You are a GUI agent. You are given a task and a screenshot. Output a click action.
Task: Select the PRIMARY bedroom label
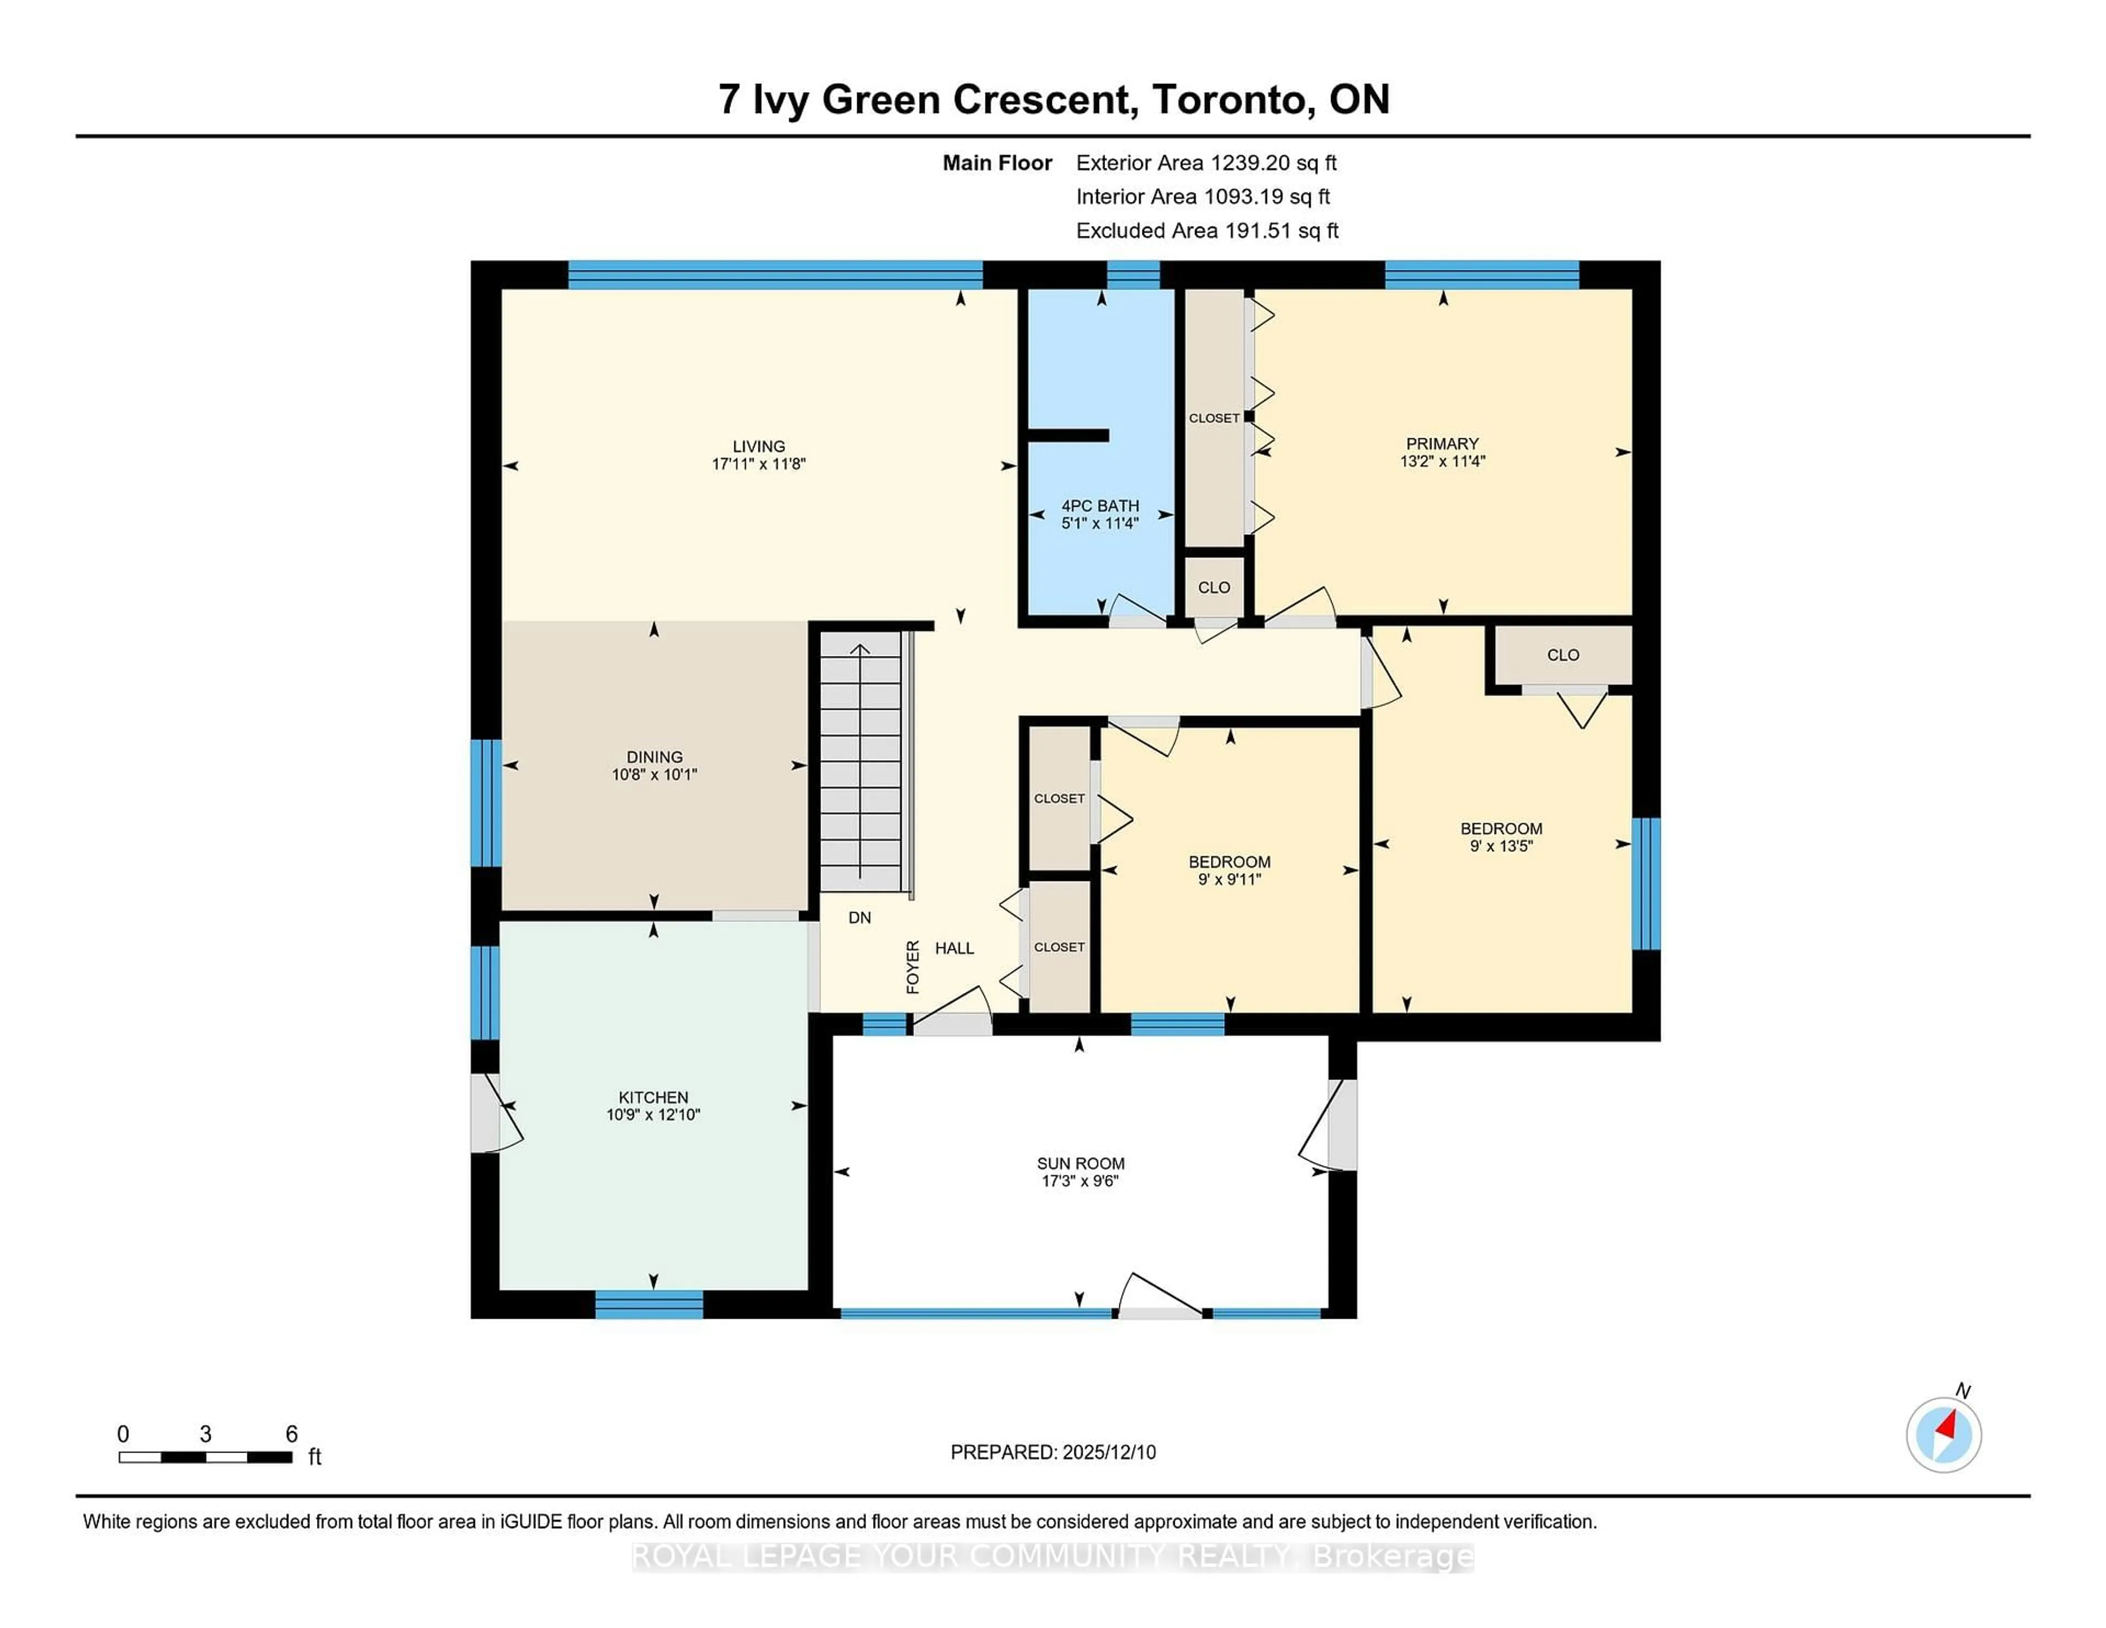[x=1442, y=444]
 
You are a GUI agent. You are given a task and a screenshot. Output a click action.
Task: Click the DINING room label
[x=654, y=757]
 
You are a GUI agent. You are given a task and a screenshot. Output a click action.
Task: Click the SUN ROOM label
[x=1080, y=1163]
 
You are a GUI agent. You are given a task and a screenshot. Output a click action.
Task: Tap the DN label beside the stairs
[x=859, y=917]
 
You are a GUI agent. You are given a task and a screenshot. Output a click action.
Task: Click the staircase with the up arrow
[x=860, y=762]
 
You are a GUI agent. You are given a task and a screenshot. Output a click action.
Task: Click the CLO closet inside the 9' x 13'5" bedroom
[x=1562, y=655]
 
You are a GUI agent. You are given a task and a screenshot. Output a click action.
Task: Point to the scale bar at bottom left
[x=206, y=1456]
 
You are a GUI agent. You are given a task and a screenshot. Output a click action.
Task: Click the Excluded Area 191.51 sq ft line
[x=1207, y=230]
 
